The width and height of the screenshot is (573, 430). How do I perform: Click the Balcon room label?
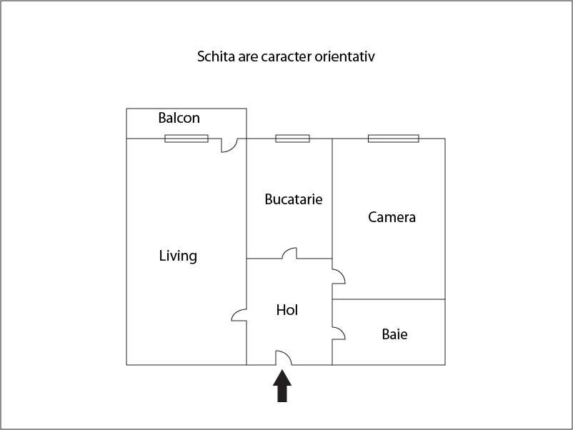(x=179, y=118)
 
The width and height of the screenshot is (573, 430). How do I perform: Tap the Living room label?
(x=178, y=256)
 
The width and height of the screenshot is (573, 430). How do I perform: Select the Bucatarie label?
(x=294, y=199)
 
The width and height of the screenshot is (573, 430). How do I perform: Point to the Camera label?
(x=392, y=217)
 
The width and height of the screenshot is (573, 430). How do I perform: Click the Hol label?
(x=287, y=310)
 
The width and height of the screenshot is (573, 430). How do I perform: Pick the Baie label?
(x=394, y=334)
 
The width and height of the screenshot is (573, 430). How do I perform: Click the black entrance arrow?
(x=282, y=386)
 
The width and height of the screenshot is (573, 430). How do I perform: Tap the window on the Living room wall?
(x=186, y=139)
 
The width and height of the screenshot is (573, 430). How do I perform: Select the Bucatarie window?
(x=292, y=139)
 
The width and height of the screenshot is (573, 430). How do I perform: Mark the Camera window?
(x=394, y=139)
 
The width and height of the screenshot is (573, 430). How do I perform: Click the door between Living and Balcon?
(x=229, y=145)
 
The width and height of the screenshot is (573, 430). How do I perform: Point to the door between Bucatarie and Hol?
(x=289, y=253)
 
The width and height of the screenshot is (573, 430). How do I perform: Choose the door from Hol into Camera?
(x=339, y=276)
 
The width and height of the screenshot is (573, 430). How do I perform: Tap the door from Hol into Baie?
(x=339, y=333)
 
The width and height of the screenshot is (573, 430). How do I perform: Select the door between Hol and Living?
(x=239, y=315)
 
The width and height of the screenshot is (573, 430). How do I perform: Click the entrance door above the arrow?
(x=284, y=358)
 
